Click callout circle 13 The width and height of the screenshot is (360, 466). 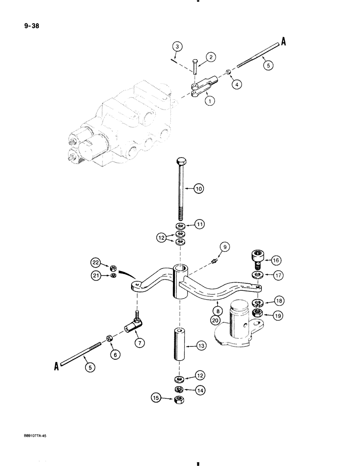[x=201, y=346]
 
